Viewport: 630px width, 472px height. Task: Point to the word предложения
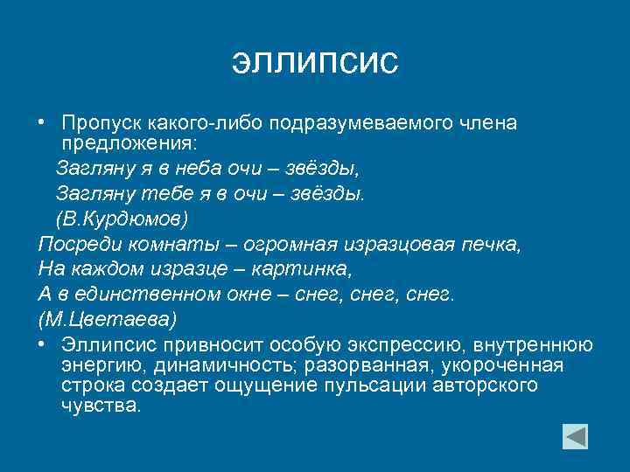pos(130,142)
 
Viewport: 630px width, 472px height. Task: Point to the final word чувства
pos(101,406)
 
